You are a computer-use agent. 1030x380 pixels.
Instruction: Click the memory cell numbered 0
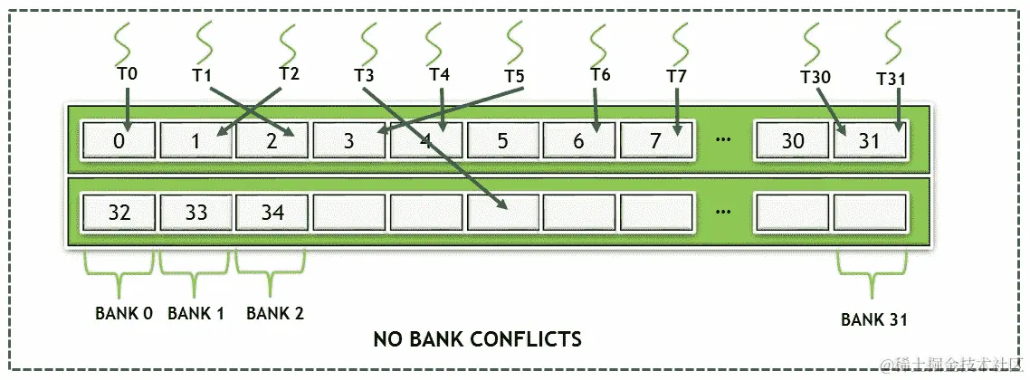tap(119, 140)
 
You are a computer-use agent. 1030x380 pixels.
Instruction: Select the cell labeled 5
tap(503, 140)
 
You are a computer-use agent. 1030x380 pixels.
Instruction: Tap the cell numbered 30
tap(792, 140)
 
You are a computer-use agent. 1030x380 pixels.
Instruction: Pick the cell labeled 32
tap(119, 214)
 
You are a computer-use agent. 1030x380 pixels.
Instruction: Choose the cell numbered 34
tap(272, 214)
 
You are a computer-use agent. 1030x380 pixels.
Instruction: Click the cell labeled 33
tap(196, 214)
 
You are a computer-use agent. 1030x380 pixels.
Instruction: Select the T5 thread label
tap(514, 74)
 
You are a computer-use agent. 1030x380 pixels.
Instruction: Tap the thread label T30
tap(815, 77)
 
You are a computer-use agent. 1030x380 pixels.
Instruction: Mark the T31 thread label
tap(892, 78)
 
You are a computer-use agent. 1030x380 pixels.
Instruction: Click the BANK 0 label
tap(123, 313)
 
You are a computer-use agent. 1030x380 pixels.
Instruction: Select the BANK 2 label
tap(275, 313)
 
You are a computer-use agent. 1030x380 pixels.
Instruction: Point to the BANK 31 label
tap(873, 318)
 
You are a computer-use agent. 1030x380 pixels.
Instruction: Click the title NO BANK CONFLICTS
tap(477, 340)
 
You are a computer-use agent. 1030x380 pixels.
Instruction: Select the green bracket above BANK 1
tap(194, 263)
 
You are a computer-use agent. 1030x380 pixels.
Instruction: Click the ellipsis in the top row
tap(723, 140)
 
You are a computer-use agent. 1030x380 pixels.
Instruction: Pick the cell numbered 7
tap(657, 140)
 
